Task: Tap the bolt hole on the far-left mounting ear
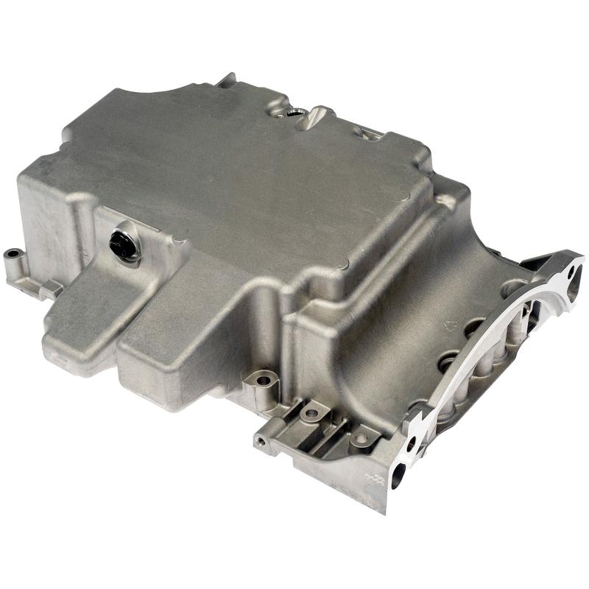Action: [13, 255]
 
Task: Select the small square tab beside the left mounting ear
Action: [50, 289]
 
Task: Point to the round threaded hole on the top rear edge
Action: [294, 113]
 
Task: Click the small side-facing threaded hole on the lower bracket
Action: [260, 442]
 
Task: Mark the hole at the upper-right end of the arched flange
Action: [571, 273]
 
